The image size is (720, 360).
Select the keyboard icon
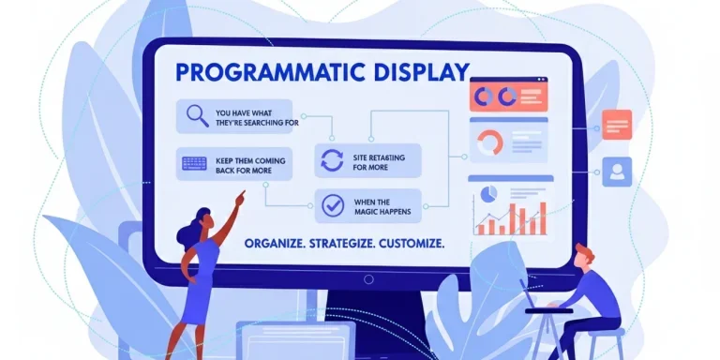click(x=195, y=164)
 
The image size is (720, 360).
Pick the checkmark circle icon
click(x=331, y=203)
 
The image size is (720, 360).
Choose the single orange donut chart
click(x=490, y=142)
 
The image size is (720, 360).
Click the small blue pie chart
click(x=487, y=192)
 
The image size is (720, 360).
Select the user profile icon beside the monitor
click(x=617, y=171)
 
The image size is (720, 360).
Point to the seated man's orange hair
click(x=584, y=252)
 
